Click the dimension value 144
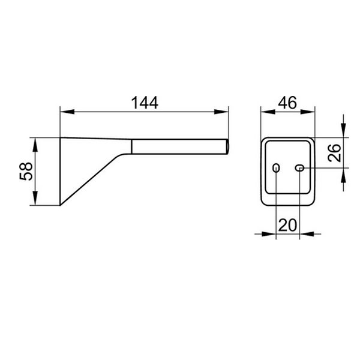coord(145,103)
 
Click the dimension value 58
coord(26,171)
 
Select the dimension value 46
coord(287,103)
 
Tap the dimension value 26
coord(335,153)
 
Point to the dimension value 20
coord(287,225)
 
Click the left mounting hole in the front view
coord(276,168)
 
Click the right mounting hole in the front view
coord(299,168)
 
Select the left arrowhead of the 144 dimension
coord(67,112)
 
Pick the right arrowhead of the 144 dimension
coord(221,112)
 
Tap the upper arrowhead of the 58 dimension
coord(35,145)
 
